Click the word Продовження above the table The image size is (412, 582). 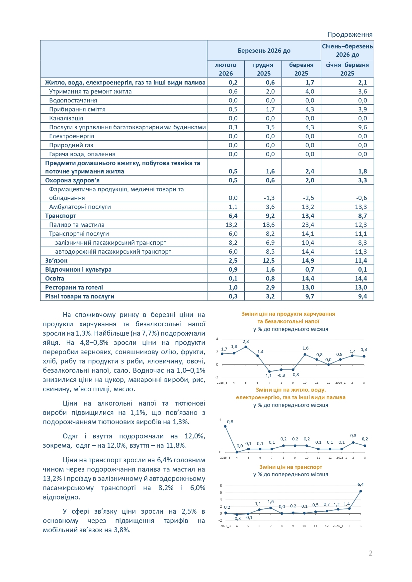click(x=350, y=34)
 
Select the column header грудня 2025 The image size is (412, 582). click(x=263, y=69)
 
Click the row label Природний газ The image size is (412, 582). click(x=71, y=145)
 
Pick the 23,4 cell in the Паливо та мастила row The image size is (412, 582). click(x=308, y=225)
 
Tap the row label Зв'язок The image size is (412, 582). click(x=56, y=261)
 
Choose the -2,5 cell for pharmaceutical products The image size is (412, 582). click(x=308, y=198)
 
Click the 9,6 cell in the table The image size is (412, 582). click(x=363, y=127)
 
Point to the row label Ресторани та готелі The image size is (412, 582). click(x=74, y=288)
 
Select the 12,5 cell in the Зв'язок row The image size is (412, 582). click(x=269, y=261)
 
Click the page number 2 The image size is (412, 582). click(x=371, y=553)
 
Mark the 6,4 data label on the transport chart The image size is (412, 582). click(x=361, y=485)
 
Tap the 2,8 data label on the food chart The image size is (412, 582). click(x=246, y=342)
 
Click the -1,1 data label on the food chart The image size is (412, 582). click(x=268, y=376)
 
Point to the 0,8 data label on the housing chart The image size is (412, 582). click(x=230, y=422)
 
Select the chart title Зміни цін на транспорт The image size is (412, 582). click(x=290, y=467)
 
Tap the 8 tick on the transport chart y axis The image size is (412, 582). click(x=221, y=485)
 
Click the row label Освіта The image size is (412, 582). click(x=54, y=279)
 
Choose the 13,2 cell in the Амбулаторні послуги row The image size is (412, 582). click(x=308, y=207)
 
